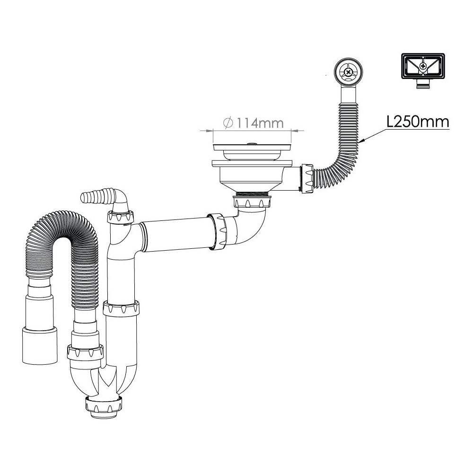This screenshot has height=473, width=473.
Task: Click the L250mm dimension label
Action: click(418, 122)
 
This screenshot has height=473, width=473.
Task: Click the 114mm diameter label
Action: click(259, 123)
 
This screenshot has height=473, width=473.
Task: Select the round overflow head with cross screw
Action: click(349, 72)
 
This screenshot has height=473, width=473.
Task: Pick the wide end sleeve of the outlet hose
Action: click(40, 346)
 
